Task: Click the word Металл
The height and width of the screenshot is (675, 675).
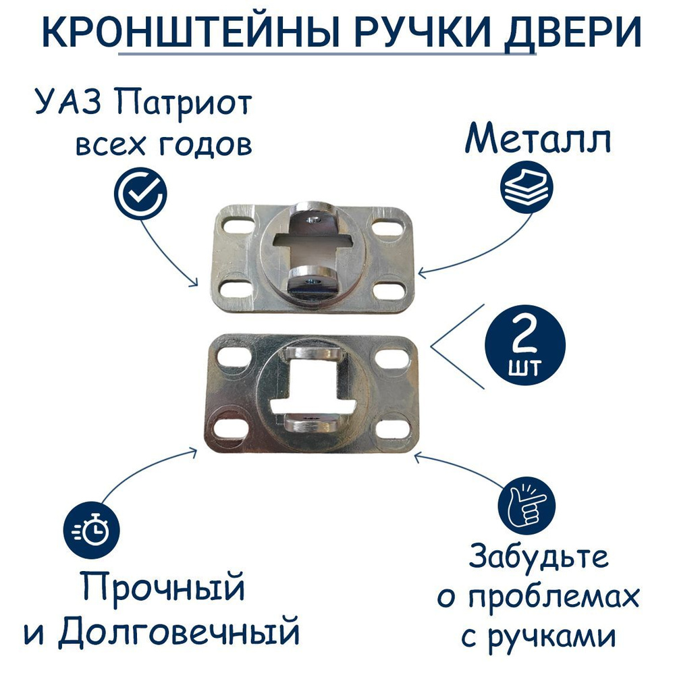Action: tap(538, 140)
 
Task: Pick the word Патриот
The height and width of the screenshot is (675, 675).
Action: tap(184, 105)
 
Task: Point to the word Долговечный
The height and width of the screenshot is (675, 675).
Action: tap(178, 632)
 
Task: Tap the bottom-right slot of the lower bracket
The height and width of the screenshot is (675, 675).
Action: tap(394, 428)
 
